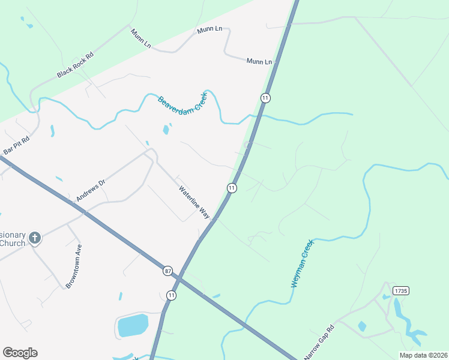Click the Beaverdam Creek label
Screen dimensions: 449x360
click(182, 100)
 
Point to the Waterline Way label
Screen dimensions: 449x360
click(194, 202)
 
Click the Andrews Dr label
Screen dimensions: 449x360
click(91, 190)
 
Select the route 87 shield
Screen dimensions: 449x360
click(167, 271)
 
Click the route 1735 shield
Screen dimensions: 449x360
click(400, 290)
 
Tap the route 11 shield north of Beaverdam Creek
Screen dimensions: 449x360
click(265, 97)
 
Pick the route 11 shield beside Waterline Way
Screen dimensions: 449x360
click(231, 188)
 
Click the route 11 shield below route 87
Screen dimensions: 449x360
click(172, 295)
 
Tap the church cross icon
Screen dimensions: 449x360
click(35, 238)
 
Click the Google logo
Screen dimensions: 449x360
click(20, 353)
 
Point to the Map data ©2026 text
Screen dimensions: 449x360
click(423, 355)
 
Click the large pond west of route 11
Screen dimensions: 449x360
click(133, 325)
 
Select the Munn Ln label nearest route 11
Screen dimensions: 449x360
click(259, 61)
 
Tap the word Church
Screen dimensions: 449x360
click(13, 243)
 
